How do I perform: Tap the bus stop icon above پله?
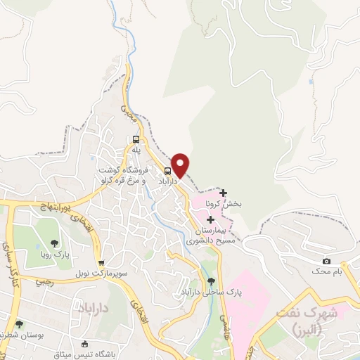tap(136, 139)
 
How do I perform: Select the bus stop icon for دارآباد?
tap(168, 171)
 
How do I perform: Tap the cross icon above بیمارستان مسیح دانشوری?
tap(211, 220)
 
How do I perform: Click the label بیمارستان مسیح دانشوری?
tap(210, 235)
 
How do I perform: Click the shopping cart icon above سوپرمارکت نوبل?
tap(101, 262)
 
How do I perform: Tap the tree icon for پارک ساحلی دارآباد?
tap(212, 281)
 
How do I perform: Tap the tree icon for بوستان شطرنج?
tap(20, 325)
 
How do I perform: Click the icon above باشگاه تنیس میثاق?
tap(85, 344)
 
